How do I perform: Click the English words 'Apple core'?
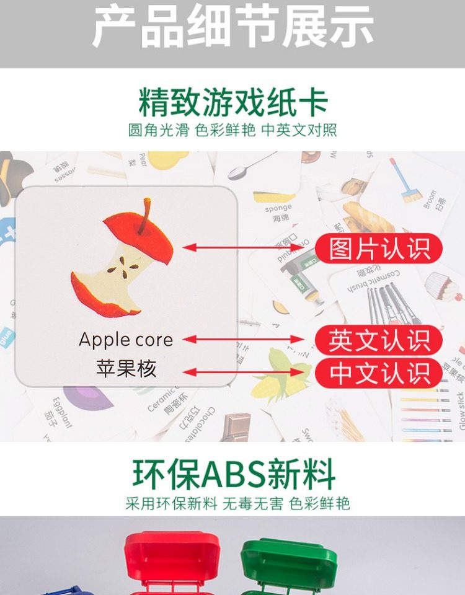coord(126,340)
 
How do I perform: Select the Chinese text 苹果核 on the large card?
coord(126,369)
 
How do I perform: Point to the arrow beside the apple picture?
coord(248,248)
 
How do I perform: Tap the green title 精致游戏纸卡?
coord(232,102)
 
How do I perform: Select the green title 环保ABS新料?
coord(232,475)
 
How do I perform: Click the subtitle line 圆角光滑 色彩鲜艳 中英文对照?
coord(232,131)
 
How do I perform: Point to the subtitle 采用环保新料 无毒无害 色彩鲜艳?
coord(237,503)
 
